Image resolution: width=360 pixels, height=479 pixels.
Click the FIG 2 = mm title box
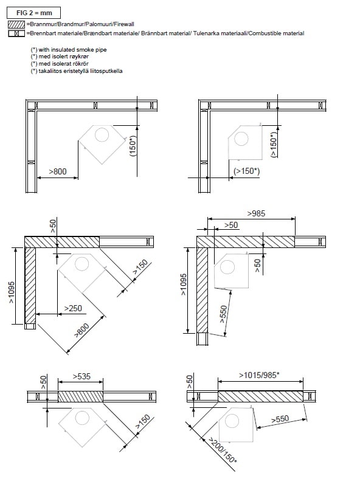point(34,13)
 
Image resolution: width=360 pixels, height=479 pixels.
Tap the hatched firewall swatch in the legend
point(16,24)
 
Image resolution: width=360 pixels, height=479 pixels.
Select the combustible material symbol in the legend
point(16,33)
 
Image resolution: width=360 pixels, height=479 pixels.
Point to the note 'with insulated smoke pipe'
point(73,49)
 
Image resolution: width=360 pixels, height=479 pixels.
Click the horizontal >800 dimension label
point(58,171)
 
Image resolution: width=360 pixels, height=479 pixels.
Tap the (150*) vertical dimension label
point(133,146)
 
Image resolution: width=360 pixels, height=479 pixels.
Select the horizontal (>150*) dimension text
point(247,171)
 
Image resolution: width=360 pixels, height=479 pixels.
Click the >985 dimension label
point(256,213)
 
